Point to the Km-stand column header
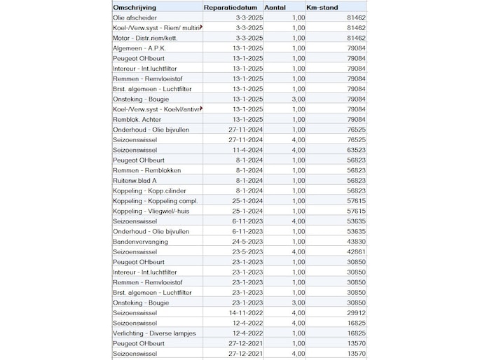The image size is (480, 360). [x=323, y=7]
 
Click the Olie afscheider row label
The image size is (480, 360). [x=135, y=17]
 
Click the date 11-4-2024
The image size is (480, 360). [x=247, y=149]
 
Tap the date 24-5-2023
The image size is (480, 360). [x=247, y=241]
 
